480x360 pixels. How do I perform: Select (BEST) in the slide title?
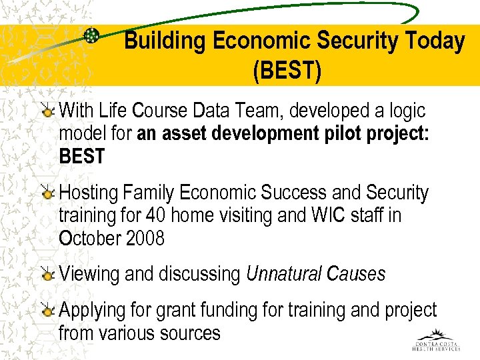click(287, 71)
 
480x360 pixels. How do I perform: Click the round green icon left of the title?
click(92, 37)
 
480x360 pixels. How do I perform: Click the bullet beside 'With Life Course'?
click(48, 111)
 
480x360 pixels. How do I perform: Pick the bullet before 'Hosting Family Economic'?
click(48, 194)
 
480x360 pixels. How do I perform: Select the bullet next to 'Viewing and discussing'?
click(48, 275)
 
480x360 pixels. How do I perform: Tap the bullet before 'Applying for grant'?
click(48, 311)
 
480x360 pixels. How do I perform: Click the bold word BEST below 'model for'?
click(82, 157)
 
